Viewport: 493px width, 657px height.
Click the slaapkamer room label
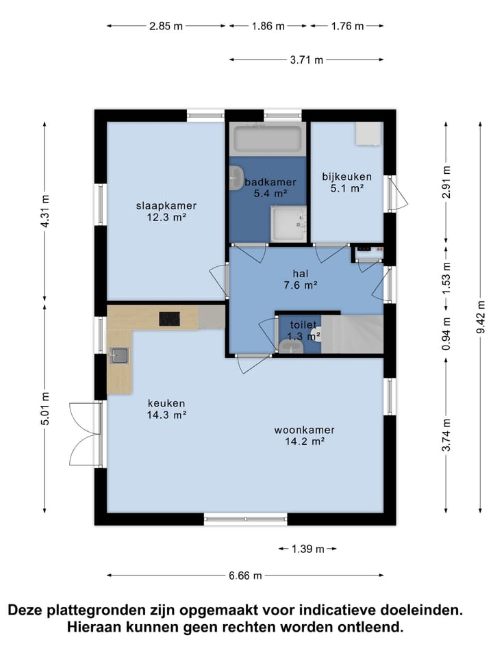click(166, 211)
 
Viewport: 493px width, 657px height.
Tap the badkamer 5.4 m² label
click(270, 188)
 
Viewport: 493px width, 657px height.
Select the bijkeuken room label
click(346, 182)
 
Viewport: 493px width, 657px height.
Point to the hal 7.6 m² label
click(300, 279)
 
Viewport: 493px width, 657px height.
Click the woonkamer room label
click(304, 435)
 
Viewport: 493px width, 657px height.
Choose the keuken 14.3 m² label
click(166, 409)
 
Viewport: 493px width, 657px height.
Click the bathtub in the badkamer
click(268, 139)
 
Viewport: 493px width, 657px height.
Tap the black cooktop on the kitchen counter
click(169, 319)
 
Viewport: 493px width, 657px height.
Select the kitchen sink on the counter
click(119, 356)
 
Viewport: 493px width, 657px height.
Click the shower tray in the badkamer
click(288, 224)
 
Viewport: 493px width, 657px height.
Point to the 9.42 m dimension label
click(481, 317)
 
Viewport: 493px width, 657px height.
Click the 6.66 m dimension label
click(245, 576)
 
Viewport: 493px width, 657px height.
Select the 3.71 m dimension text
click(307, 60)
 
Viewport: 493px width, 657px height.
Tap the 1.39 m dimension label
click(307, 549)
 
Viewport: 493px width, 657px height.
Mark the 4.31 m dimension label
click(45, 211)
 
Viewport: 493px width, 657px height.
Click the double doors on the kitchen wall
click(87, 434)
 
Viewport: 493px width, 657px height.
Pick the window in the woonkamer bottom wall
click(246, 519)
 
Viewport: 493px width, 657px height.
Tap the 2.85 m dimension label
click(166, 26)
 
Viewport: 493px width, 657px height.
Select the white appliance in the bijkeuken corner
click(369, 133)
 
